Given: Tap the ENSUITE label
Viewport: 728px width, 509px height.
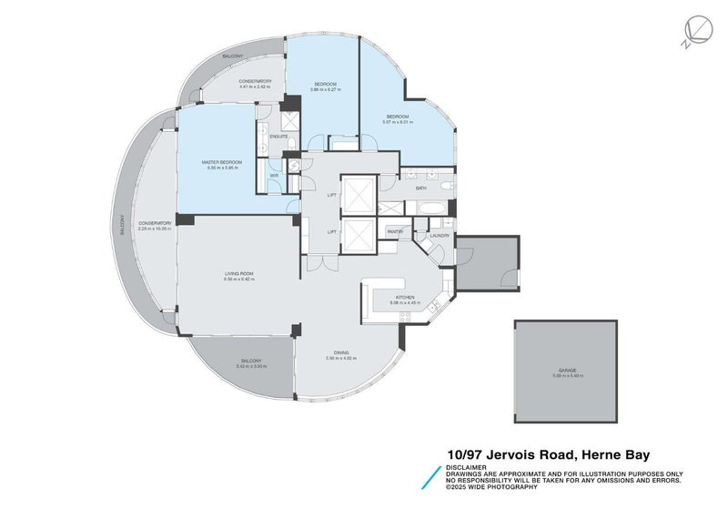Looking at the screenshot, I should click(x=279, y=137).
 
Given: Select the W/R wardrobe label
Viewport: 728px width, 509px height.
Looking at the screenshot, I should click(x=274, y=176).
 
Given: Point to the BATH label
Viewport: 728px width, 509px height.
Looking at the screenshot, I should click(x=421, y=188).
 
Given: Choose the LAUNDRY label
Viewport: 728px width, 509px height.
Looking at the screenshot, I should click(x=440, y=236).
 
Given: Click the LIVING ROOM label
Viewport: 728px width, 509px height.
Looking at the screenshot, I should click(x=238, y=273).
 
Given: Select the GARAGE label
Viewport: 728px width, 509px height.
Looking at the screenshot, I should click(x=567, y=371).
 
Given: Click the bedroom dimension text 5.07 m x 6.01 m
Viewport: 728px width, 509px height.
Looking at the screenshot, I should click(x=398, y=122).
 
